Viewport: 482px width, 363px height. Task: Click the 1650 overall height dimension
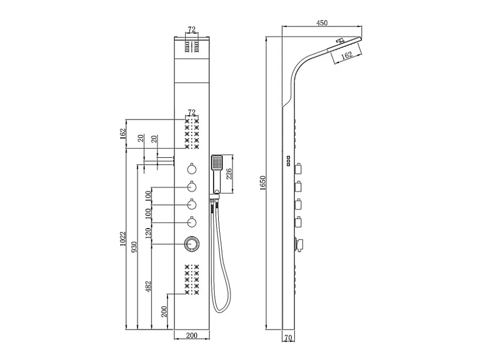262,183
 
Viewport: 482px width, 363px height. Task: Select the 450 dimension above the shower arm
322,23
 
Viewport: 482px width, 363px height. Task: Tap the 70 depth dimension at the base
288,338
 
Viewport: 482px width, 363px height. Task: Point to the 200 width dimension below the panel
191,335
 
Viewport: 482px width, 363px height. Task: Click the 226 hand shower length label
229,174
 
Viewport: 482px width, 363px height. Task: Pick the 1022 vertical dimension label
123,239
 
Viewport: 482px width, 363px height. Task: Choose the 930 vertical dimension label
134,247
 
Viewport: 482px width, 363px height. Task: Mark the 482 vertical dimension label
149,286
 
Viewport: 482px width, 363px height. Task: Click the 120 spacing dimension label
149,233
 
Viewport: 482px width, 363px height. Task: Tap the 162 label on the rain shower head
346,55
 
